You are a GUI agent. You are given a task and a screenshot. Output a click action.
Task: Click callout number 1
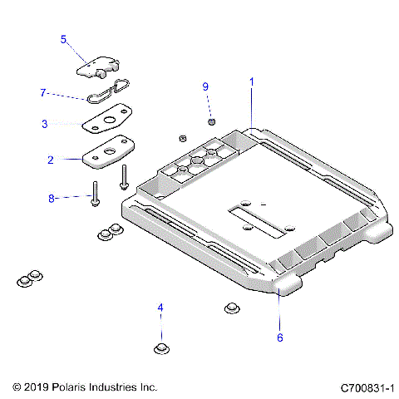[x=252, y=81]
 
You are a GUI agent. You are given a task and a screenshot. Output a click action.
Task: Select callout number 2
[x=51, y=159]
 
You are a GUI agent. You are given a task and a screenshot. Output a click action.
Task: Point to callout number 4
[x=161, y=308]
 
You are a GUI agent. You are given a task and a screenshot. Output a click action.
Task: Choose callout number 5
[x=62, y=39]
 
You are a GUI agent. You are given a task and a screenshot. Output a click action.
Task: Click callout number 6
[x=279, y=337]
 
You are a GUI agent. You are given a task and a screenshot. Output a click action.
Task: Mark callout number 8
[x=51, y=198]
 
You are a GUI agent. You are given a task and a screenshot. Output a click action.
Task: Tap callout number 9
[x=206, y=86]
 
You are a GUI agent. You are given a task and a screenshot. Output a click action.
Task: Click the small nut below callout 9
[x=211, y=122]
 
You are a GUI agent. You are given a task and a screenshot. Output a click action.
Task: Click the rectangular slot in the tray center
[x=253, y=219]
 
